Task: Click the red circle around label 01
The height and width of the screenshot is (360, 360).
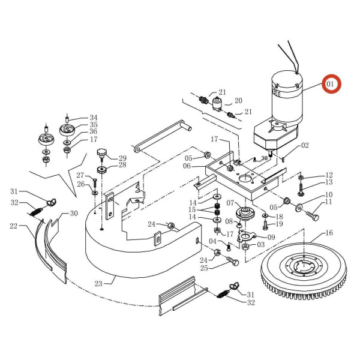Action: (x=331, y=84)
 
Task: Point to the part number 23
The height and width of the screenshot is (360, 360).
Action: (x=99, y=283)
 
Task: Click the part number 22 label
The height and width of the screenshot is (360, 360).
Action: (x=13, y=226)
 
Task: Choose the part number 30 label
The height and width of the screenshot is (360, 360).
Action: (x=74, y=213)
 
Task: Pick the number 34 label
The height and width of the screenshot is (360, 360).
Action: (x=94, y=118)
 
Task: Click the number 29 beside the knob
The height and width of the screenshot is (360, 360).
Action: (x=122, y=158)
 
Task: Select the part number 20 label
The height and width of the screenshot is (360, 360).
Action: (x=238, y=101)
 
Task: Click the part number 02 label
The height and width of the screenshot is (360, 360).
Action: (x=305, y=145)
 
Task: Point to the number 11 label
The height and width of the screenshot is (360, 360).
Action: (x=328, y=203)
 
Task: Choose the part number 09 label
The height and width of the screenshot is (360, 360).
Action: (x=271, y=237)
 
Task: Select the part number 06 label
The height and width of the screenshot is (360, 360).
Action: (x=187, y=166)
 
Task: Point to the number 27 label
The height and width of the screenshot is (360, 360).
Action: (x=80, y=175)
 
